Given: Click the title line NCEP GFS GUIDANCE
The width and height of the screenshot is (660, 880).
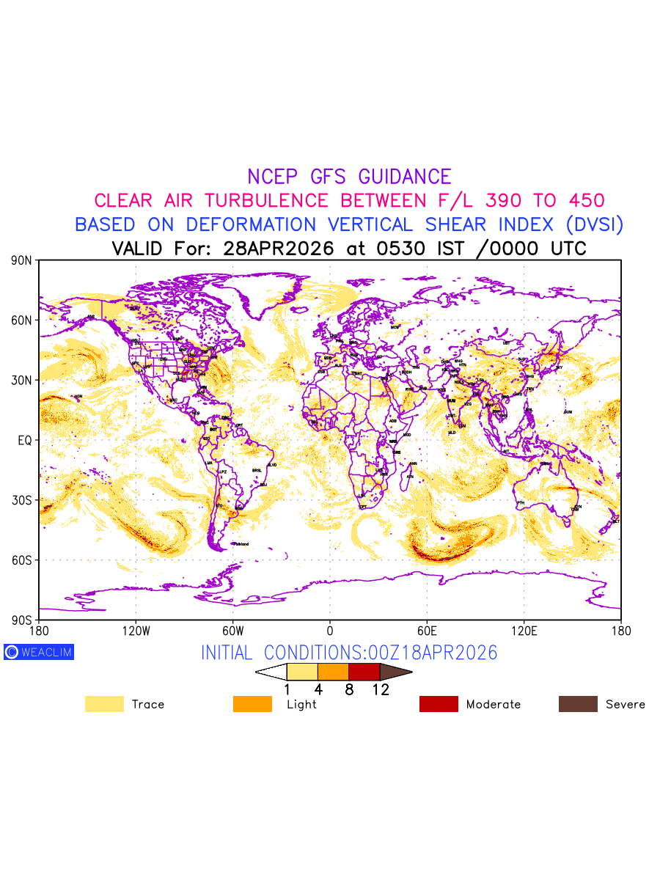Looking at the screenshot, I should coord(349,177).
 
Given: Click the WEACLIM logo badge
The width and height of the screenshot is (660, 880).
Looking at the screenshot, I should coord(39,652).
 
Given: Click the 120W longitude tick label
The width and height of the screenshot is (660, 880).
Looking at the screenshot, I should coord(136,631).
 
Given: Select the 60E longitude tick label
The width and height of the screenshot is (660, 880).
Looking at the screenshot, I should coord(427,631).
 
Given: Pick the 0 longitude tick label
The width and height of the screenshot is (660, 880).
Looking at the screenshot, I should coord(330,631).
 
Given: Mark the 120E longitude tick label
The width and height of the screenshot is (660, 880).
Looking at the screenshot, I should coord(524,631).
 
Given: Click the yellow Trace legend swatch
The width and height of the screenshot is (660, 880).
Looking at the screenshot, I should coord(104,704).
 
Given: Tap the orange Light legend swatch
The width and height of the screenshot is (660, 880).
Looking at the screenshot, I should coord(252,704).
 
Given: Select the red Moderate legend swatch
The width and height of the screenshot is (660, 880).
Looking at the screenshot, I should coord(439,704).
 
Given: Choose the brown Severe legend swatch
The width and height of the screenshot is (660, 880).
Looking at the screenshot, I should coord(578,704).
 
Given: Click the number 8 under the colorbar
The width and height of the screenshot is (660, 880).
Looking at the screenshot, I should coord(349,689).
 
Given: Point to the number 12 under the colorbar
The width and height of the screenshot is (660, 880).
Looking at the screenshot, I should coord(380,689).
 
